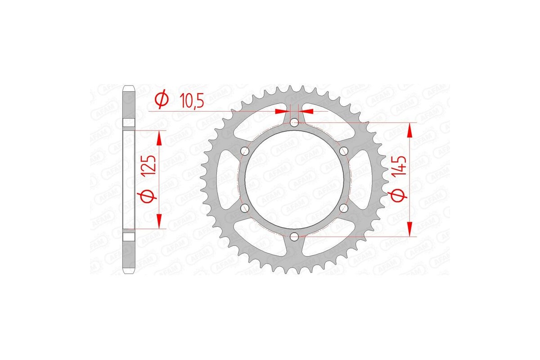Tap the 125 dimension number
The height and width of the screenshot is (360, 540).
click(x=151, y=165)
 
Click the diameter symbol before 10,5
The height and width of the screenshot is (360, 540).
click(x=162, y=100)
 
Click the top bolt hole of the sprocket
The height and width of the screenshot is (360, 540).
click(x=294, y=122)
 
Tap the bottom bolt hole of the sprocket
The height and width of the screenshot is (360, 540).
click(x=294, y=236)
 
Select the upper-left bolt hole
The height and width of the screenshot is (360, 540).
click(x=245, y=150)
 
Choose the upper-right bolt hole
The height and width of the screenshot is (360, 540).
click(x=343, y=150)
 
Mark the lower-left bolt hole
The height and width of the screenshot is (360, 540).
click(x=245, y=207)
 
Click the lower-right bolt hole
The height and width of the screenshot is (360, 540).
click(x=343, y=207)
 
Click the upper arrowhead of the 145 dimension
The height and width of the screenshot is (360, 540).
click(x=409, y=130)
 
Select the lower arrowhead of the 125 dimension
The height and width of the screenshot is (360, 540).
click(x=159, y=222)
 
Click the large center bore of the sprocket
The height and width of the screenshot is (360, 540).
click(x=294, y=179)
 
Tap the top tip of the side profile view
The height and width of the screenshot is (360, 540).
click(x=129, y=86)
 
